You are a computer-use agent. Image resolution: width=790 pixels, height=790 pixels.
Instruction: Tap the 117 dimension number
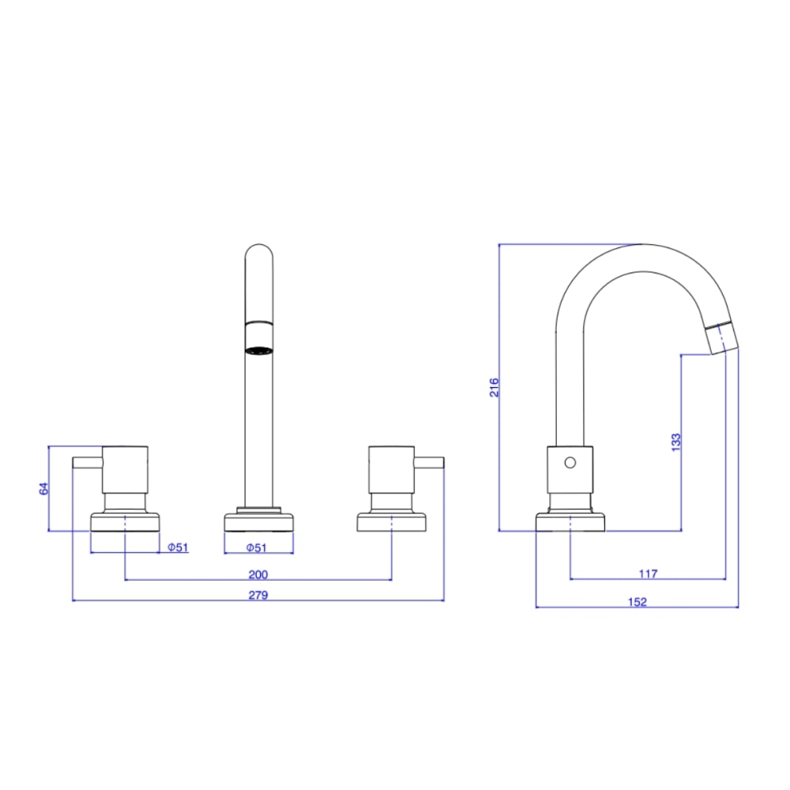[649, 573]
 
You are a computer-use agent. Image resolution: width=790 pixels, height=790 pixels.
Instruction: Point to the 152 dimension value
[638, 601]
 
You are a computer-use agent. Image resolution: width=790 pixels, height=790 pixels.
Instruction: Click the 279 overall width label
[258, 595]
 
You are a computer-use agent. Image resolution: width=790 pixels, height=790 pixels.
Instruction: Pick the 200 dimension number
[258, 574]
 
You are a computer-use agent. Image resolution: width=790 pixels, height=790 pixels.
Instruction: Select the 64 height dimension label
[44, 489]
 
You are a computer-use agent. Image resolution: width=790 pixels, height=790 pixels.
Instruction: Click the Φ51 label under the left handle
[179, 547]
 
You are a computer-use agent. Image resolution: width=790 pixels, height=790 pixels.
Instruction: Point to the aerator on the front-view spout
[259, 349]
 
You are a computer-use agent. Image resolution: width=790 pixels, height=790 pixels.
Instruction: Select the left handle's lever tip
[77, 462]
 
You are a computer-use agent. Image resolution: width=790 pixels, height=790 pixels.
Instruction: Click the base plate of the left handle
[126, 522]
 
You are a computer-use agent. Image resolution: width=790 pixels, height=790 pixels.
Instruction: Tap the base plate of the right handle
[392, 522]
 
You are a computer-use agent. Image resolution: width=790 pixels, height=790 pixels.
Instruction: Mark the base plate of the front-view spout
[259, 522]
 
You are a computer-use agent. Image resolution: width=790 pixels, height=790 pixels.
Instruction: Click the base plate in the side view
[570, 522]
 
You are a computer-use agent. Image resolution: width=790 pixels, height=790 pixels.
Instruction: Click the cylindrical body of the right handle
[391, 470]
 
